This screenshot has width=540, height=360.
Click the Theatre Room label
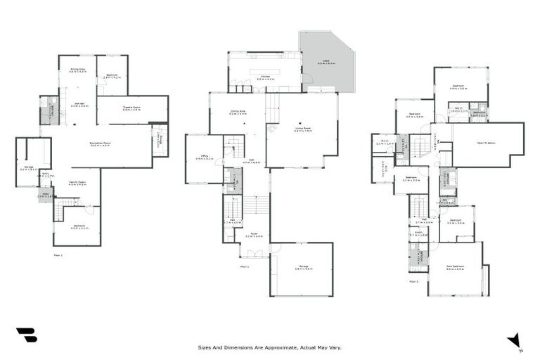[x=131, y=108]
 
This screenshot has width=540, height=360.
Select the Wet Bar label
[x=79, y=104]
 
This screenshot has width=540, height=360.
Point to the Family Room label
[x=77, y=182]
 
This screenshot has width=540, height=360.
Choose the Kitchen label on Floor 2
[x=265, y=77]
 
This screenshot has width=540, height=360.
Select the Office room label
[x=204, y=157]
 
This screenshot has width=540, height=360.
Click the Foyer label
[x=254, y=235]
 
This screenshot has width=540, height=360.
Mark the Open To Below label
[x=487, y=143]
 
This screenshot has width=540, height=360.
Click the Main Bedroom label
[x=456, y=267]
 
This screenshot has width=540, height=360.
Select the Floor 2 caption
[x=245, y=267]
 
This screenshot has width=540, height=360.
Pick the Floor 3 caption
[x=413, y=281]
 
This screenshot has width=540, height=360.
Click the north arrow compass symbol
[x=515, y=340]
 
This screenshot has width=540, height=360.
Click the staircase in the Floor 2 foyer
[x=256, y=205]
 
